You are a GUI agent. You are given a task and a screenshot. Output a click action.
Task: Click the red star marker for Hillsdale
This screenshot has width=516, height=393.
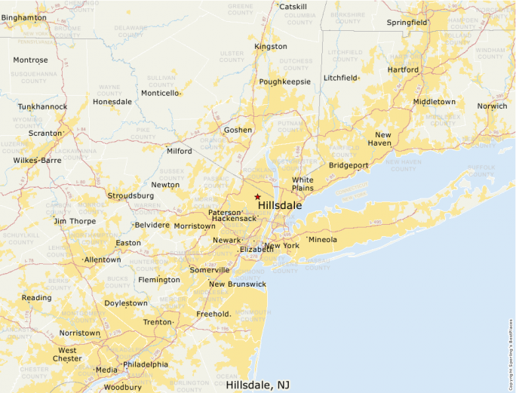[x=257, y=196]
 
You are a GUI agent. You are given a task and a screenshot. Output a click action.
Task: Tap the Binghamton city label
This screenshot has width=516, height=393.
[x=24, y=17]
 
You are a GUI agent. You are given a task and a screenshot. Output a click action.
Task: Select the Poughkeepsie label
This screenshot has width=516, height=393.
[x=284, y=81]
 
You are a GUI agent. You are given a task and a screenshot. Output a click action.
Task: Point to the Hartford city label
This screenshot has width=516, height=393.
[x=403, y=69]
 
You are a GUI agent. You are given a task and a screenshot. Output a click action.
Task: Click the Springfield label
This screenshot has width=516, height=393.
[x=407, y=23]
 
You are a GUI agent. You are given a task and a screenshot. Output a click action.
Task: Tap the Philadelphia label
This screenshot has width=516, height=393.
[x=146, y=364]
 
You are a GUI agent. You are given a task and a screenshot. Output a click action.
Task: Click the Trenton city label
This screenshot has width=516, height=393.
[x=158, y=322]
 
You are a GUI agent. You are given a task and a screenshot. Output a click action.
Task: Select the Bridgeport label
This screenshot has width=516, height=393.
[x=349, y=164]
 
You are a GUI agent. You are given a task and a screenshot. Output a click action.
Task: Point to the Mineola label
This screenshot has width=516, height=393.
[x=323, y=240]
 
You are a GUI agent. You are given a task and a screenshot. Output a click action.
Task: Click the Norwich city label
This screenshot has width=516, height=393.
[x=492, y=106]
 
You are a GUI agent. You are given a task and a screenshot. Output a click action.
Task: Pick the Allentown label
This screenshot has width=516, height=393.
[x=103, y=259]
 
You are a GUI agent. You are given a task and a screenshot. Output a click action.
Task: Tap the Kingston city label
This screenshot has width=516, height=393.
[x=271, y=47]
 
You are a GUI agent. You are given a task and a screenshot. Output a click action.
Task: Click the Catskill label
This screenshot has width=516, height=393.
[x=293, y=7]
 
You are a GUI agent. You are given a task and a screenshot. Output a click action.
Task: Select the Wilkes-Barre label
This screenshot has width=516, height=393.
[x=37, y=161]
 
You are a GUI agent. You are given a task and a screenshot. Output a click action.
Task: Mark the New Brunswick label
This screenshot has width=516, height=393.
[x=238, y=284]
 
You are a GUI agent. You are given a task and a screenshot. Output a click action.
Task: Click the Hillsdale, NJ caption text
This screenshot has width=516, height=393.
[x=257, y=385]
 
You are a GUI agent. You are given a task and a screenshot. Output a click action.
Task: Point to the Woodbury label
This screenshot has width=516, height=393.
[x=122, y=388]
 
